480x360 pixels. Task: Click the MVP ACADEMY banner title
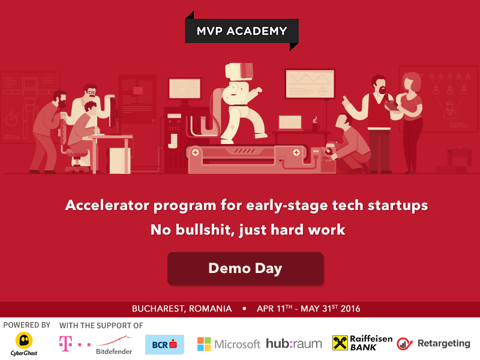[x=241, y=30]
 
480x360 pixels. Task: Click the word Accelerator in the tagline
[x=106, y=205]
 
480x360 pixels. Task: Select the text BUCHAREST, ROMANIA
[x=182, y=309]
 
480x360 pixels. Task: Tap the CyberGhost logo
[x=24, y=344]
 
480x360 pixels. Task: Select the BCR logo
[x=164, y=344]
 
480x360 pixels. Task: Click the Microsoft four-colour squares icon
[x=205, y=344]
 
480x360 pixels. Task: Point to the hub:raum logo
[x=294, y=344]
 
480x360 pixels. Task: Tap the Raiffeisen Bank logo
[x=362, y=343]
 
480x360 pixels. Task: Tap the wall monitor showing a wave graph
[x=310, y=83]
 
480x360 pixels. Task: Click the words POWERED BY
[x=26, y=325]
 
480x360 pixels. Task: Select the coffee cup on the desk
[x=315, y=126]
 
